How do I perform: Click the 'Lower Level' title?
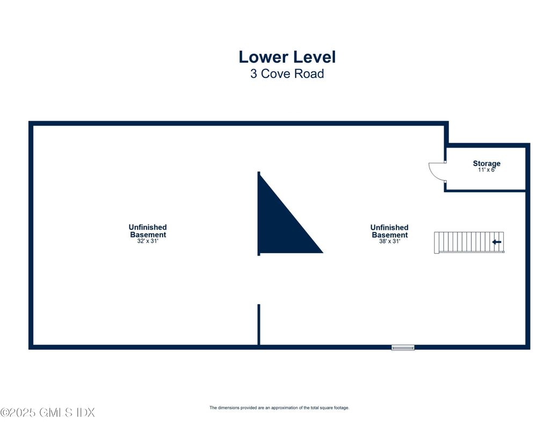point(287,57)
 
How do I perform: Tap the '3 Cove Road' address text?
point(287,74)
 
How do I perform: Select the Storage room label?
point(487,163)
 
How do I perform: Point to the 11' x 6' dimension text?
point(487,170)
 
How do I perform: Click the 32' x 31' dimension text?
point(148,241)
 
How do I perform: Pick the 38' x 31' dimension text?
point(389,241)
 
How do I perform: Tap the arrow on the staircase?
point(497,242)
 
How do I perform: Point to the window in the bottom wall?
point(403,348)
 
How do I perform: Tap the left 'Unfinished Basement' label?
point(148,231)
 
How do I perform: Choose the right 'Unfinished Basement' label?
point(389,231)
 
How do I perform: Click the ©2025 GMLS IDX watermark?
point(47,413)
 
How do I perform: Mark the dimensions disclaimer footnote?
point(279,408)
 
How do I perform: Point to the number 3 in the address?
point(254,74)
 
